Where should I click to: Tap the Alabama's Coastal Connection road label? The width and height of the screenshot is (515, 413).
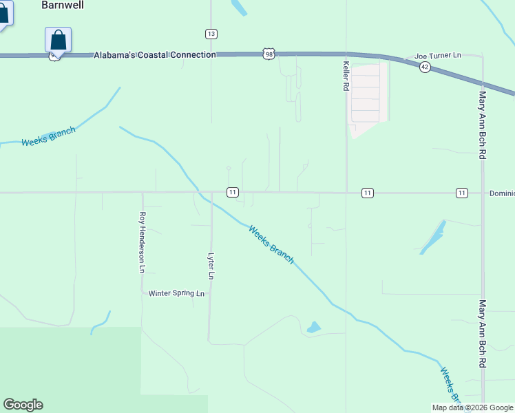click(x=155, y=54)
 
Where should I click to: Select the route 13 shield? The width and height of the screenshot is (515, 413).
click(x=211, y=34)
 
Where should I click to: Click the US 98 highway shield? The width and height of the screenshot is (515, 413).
click(x=269, y=54)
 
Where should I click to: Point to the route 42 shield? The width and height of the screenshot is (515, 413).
click(x=425, y=67)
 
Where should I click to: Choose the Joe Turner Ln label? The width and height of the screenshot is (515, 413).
click(x=437, y=55)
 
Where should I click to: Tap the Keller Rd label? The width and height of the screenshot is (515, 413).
click(x=346, y=76)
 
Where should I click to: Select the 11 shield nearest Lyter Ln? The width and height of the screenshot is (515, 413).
click(x=233, y=193)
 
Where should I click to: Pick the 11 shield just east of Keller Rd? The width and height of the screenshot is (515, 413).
click(x=368, y=193)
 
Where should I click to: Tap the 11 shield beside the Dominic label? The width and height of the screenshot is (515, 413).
click(x=461, y=193)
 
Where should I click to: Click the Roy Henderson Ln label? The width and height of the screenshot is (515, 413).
click(x=143, y=242)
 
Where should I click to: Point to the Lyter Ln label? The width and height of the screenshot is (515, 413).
click(x=211, y=265)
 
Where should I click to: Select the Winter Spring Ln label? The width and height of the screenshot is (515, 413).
click(x=177, y=293)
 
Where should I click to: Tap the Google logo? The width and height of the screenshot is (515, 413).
click(x=23, y=405)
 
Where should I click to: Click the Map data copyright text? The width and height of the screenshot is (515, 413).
click(x=472, y=407)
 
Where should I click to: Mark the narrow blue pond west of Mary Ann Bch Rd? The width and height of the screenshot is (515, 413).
click(x=432, y=237)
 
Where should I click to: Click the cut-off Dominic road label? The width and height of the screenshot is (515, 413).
click(x=501, y=193)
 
